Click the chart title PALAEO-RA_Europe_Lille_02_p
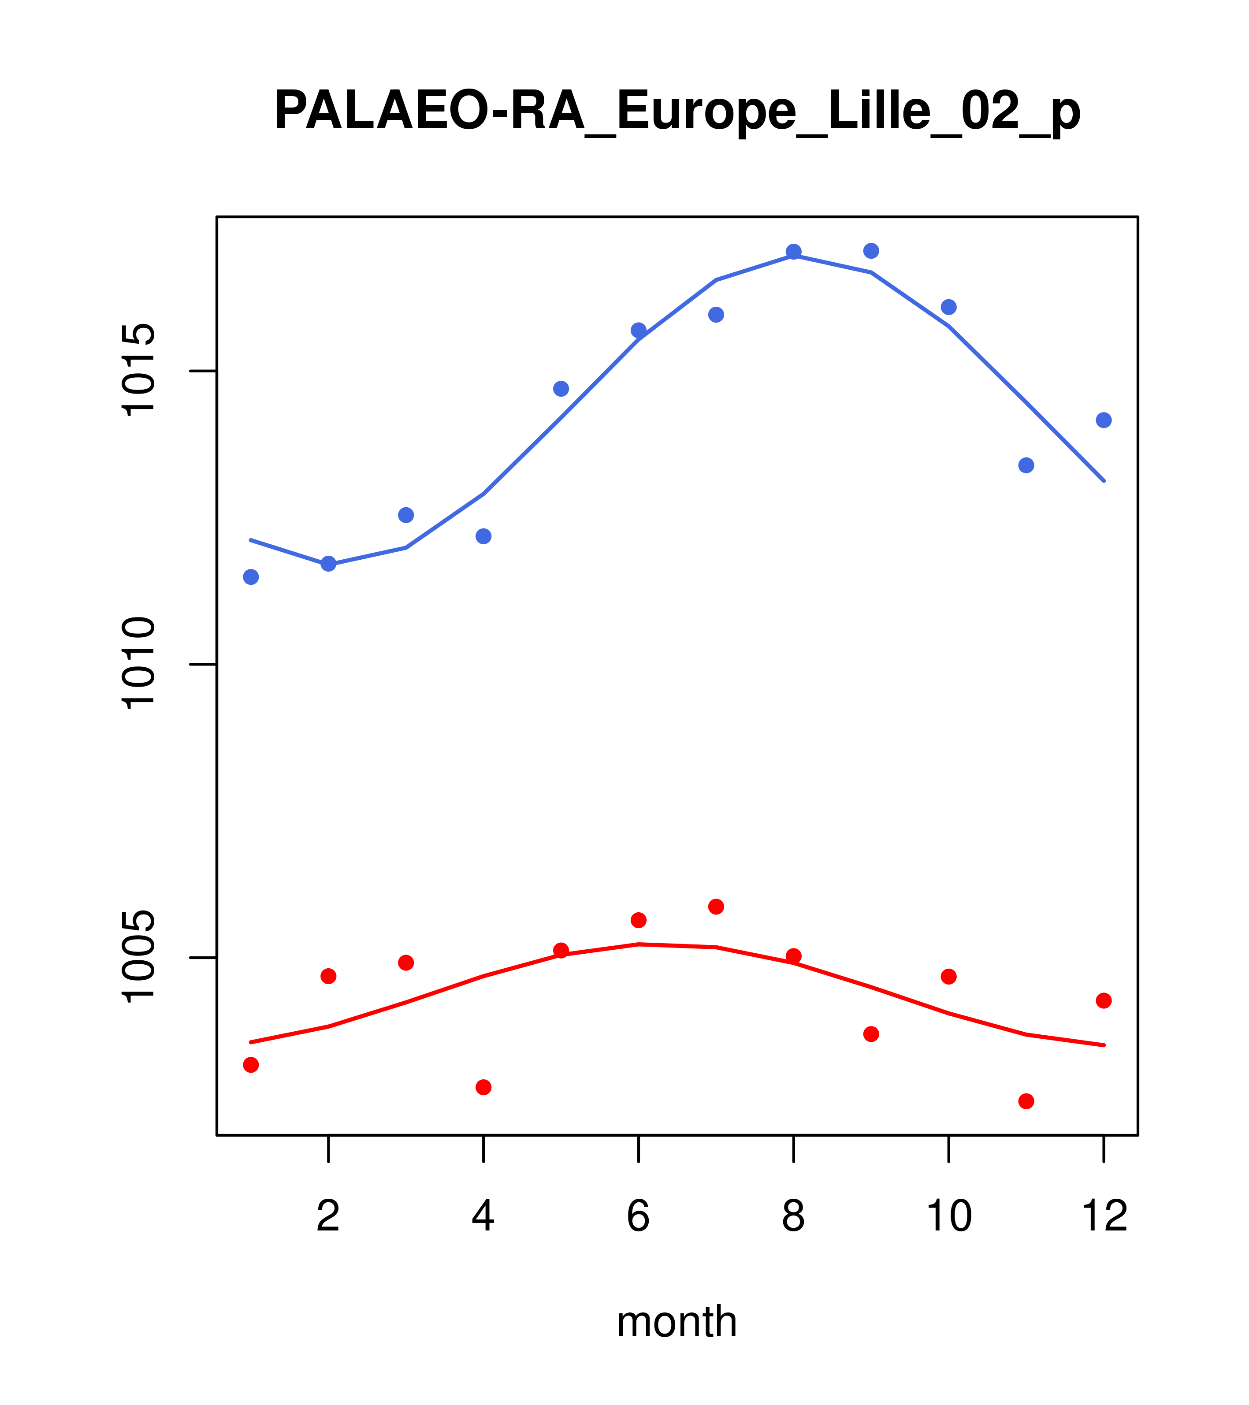(677, 112)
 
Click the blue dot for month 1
(251, 577)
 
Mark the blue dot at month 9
(871, 251)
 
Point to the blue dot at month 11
(1026, 466)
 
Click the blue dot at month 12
(1104, 420)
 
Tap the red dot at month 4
(484, 1087)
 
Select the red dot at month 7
(716, 907)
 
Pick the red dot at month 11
(1026, 1102)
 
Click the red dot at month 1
(251, 1065)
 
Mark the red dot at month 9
(871, 1034)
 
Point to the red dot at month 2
(329, 976)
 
